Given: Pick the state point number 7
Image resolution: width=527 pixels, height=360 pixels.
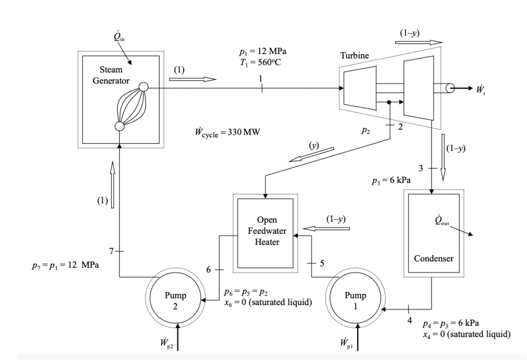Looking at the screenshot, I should click(x=111, y=251).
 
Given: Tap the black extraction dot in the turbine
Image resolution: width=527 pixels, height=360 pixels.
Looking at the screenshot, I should click(x=389, y=101).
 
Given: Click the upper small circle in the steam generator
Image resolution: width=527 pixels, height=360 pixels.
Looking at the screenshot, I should click(x=143, y=87).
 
